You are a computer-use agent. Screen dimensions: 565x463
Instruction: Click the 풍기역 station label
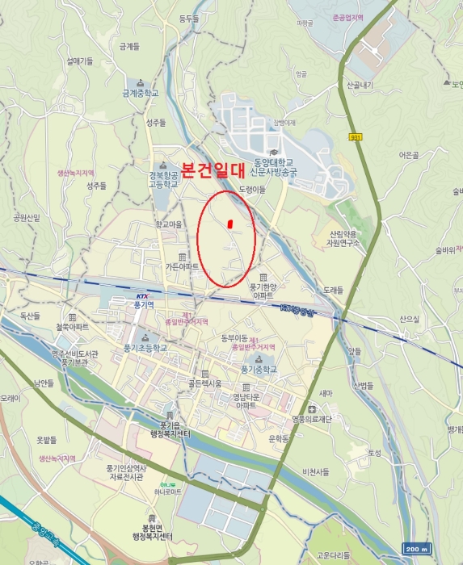(144, 305)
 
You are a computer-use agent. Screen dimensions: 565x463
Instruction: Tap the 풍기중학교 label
(259, 369)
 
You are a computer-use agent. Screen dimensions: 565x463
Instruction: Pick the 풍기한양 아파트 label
(263, 291)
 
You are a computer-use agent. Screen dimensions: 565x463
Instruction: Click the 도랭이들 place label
(252, 189)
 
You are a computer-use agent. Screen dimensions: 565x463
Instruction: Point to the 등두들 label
(188, 18)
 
